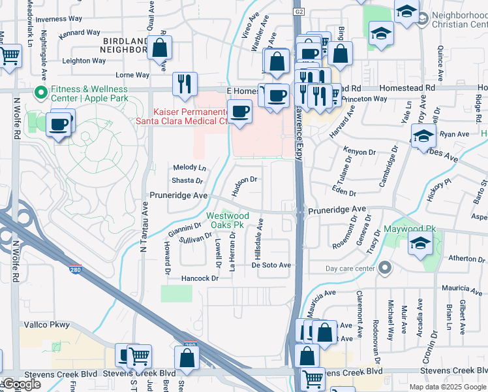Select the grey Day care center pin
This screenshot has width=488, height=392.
coord(386,268)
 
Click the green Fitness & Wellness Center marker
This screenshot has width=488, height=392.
coord(40,93)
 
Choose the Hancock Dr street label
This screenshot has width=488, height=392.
coord(199,278)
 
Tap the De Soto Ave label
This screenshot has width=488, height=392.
coord(271,265)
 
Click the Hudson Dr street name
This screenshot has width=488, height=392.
coord(246,179)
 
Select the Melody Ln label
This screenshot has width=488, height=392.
coord(189,168)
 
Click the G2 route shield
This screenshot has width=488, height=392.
coord(299,12)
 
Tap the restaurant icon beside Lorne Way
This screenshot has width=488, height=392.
coord(185,84)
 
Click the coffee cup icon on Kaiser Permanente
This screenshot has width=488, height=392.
coord(240,111)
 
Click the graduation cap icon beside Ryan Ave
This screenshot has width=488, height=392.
coord(423,136)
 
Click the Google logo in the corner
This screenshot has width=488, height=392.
coord(22,384)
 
